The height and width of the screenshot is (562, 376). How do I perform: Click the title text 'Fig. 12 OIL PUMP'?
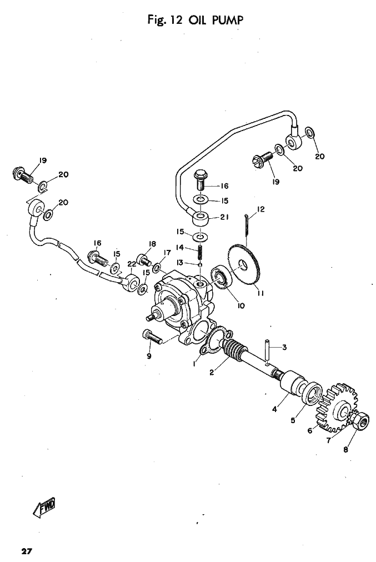(188, 20)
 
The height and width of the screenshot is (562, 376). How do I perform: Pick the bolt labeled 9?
(152, 335)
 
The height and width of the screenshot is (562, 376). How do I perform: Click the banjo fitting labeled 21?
(201, 218)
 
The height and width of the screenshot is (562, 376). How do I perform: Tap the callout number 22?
(132, 263)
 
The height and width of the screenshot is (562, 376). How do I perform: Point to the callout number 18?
(152, 244)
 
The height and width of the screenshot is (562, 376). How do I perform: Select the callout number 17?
(167, 253)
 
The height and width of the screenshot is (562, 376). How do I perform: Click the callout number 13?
(179, 262)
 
